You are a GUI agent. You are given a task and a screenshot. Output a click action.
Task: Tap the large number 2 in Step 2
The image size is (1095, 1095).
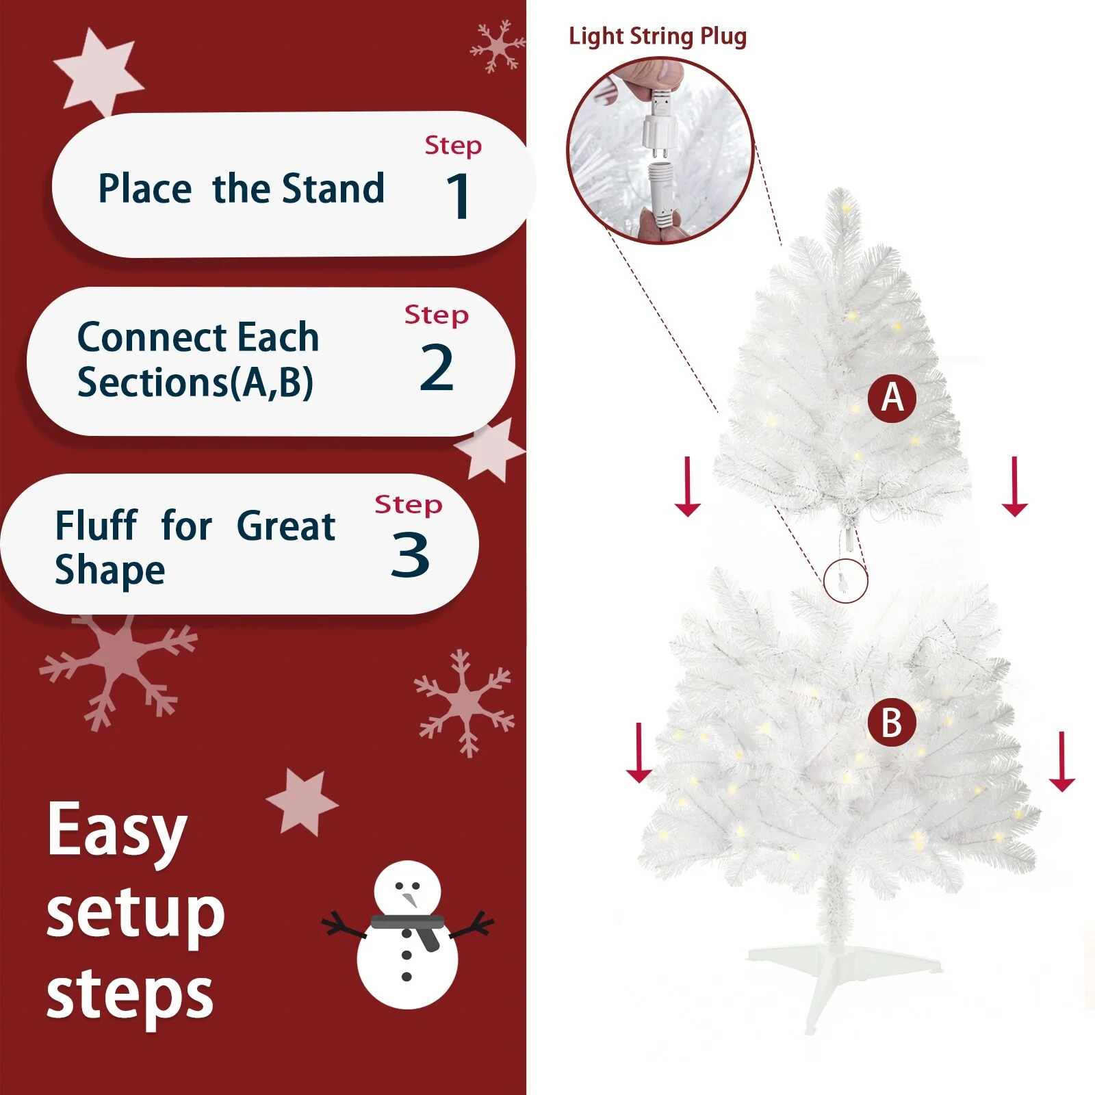[436, 368]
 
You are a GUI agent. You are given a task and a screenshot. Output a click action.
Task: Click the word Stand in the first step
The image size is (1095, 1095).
[333, 189]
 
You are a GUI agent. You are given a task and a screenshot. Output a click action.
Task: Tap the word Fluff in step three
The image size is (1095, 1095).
[96, 526]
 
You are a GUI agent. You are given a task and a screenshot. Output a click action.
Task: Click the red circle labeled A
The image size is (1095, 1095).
[892, 398]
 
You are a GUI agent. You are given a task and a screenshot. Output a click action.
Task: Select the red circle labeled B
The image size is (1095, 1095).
[892, 723]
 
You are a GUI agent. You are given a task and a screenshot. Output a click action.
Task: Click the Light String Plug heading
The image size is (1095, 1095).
[657, 36]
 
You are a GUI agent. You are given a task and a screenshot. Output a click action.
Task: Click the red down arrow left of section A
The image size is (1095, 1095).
[688, 487]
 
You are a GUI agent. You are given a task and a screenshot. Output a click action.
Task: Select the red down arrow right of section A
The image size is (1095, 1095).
[1014, 487]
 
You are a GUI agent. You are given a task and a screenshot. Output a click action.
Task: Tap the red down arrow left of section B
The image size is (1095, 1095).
[639, 753]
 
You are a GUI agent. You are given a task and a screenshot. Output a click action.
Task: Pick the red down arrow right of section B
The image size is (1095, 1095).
[1061, 762]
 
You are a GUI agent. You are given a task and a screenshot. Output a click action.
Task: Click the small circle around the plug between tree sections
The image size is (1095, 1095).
[846, 581]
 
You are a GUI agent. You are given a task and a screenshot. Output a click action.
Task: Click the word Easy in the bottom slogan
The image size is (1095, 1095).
[117, 832]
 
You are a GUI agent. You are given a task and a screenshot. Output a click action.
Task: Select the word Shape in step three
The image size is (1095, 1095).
[110, 571]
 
